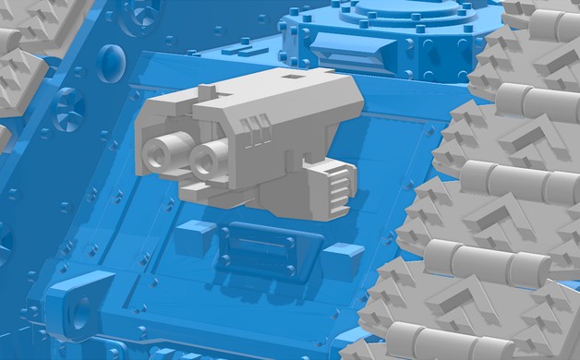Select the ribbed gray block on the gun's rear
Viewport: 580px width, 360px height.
pos(334,188)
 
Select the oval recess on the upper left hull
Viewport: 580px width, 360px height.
pos(110,63)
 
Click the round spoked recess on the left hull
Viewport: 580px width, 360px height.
pos(68,108)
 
